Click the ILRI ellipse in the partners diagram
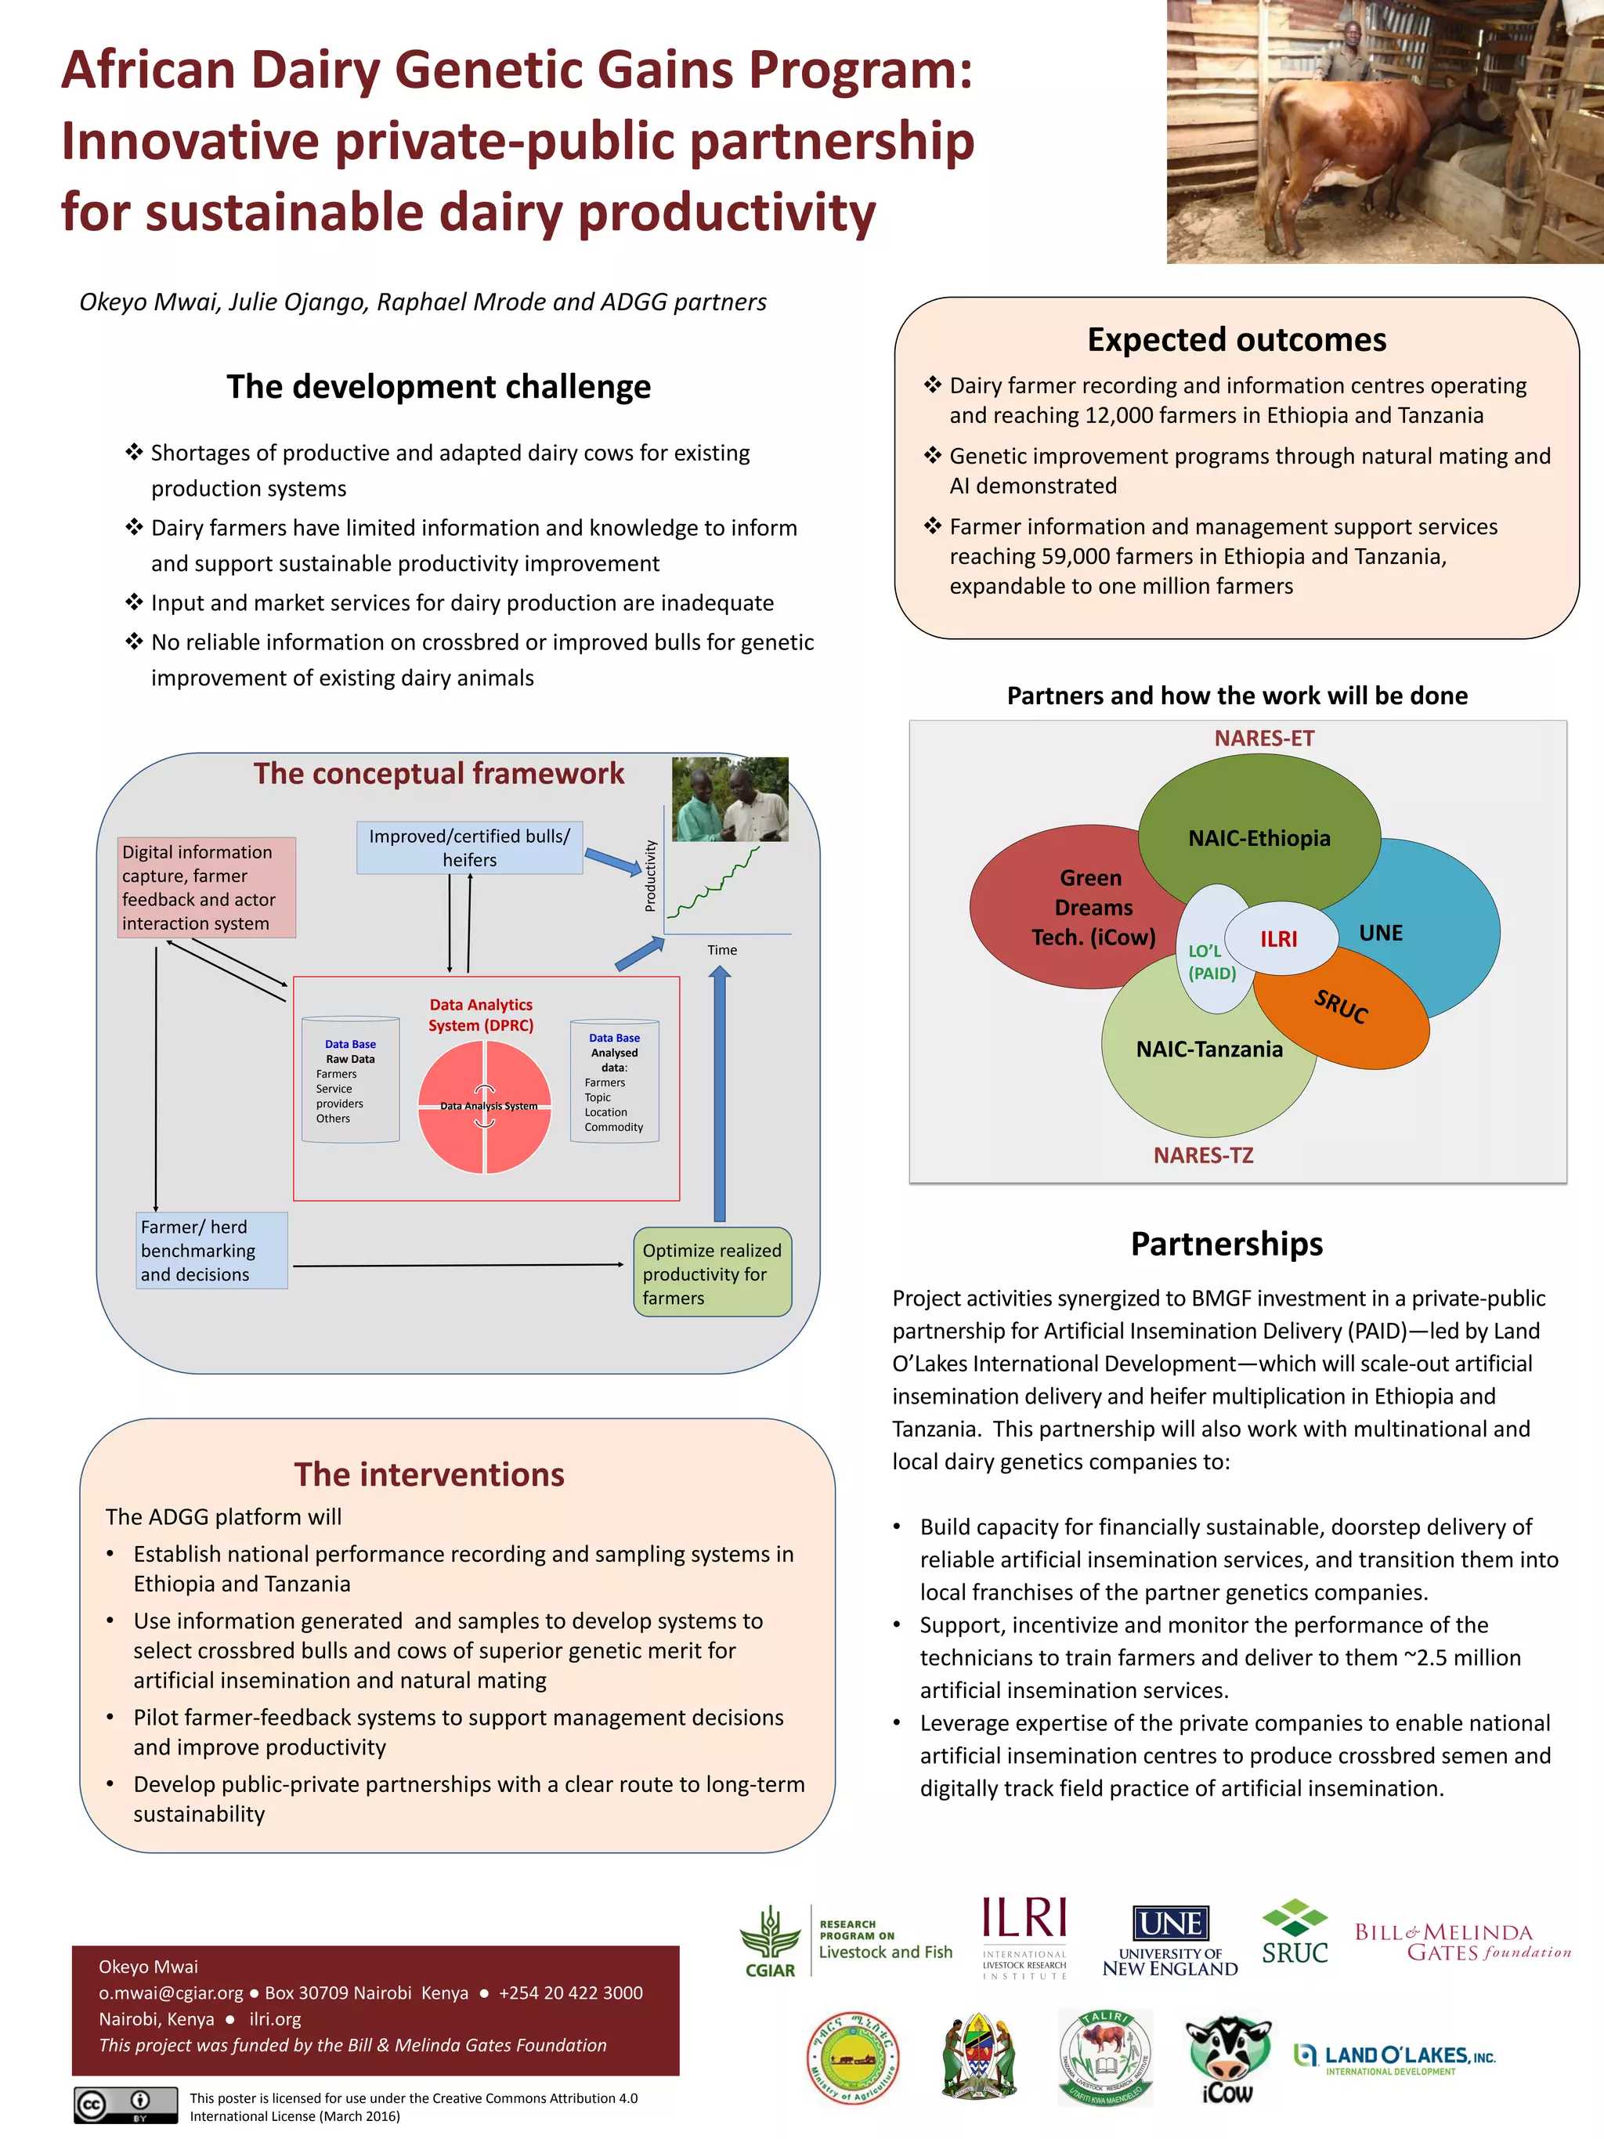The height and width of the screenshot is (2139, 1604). (1278, 938)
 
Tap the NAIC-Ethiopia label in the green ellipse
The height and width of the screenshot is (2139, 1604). (1259, 837)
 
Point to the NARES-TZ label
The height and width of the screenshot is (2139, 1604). (1203, 1154)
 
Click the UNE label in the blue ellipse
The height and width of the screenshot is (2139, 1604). (1381, 932)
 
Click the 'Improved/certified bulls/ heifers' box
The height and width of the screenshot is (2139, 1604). (469, 847)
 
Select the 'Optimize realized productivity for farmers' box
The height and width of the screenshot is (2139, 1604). (712, 1273)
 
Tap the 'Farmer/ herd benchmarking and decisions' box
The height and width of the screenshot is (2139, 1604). (211, 1250)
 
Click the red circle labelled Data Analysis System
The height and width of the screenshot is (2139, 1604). (484, 1106)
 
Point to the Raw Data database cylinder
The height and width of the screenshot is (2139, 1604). (350, 1080)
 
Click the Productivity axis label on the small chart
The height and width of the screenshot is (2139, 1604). (651, 875)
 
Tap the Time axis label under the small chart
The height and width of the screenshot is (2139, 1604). (721, 949)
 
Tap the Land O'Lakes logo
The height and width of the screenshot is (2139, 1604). (1395, 2057)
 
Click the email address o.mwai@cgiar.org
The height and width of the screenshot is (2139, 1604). (172, 1992)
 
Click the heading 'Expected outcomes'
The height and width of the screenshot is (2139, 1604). (1237, 339)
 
